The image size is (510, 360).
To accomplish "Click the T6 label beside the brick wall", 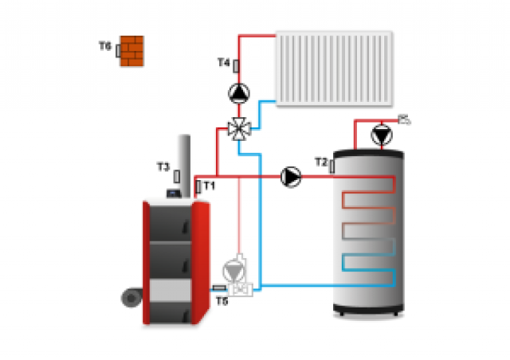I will [x=104, y=47].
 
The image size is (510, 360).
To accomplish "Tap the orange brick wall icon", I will [x=131, y=50].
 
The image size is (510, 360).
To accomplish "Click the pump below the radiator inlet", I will [x=237, y=93].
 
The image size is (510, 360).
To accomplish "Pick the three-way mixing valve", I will [x=237, y=127].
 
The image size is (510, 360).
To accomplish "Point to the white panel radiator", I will [x=334, y=68].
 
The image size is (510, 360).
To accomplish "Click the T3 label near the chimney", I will [x=163, y=167].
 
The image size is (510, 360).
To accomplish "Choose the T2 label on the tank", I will [x=320, y=162].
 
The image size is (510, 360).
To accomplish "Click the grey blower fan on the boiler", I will [x=130, y=298].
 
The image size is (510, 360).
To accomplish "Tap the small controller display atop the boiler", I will [x=171, y=193].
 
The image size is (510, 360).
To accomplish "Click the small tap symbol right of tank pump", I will [x=405, y=120].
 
